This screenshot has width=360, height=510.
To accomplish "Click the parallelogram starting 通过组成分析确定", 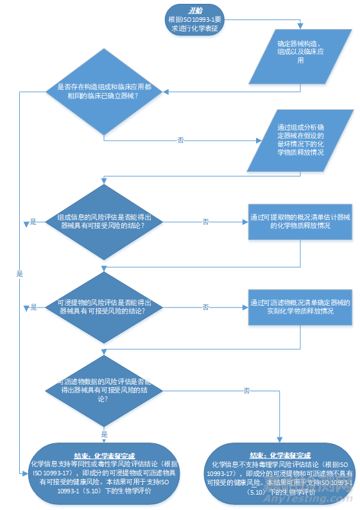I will coord(300,139).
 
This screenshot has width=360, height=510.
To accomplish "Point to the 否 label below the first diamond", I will coord(181,139).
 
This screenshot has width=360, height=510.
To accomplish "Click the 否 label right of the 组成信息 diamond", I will coord(205,222).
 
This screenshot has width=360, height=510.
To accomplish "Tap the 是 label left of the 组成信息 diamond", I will coord(33,222).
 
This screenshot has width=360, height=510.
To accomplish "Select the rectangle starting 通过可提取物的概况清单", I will coord(300,222).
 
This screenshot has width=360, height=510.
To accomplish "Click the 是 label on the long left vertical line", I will coord(20,273).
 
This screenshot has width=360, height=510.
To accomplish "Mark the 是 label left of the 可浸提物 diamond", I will coord(33,307).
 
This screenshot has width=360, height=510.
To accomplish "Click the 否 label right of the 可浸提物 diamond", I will coord(205,307).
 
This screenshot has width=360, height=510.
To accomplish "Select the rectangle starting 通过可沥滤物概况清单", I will coord(300,306).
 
